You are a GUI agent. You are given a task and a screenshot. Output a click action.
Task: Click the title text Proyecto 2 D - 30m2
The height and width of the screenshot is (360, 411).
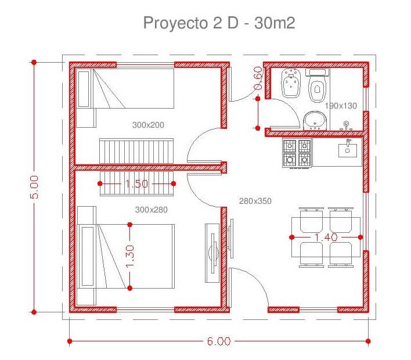pos(219,23)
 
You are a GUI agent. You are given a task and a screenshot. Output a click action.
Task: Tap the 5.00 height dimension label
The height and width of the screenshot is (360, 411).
pos(34,187)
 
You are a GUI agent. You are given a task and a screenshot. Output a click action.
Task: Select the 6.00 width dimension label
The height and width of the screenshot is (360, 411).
pos(219,341)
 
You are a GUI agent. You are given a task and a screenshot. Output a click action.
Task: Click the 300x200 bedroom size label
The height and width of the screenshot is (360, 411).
pos(148,125)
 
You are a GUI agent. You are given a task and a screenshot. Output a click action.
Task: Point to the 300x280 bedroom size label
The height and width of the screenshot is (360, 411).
pos(152,210)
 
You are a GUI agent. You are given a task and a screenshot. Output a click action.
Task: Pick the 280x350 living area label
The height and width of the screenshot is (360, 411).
pos(255,201)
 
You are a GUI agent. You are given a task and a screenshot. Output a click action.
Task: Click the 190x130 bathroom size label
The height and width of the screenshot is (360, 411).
pos(341,106)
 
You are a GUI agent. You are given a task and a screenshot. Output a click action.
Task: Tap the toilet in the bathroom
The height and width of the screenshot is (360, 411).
pos(318,85)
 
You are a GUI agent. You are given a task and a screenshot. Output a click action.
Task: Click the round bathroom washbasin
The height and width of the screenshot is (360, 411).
pos(315,121)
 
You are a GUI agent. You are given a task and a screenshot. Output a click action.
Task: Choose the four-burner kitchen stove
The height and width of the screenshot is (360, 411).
pos(297,153)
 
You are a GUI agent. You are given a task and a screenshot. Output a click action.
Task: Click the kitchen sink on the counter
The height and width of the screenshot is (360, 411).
pos(348,149)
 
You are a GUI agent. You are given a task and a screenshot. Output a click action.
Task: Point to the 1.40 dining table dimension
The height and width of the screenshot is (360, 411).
pos(326,237)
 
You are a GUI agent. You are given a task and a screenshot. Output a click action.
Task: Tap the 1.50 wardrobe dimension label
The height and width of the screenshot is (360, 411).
pos(136,183)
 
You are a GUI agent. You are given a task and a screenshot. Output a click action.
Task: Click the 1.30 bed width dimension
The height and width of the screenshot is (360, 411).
pos(130,257)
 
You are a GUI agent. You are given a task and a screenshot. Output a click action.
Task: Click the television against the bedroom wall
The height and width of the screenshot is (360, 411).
pos(213,253)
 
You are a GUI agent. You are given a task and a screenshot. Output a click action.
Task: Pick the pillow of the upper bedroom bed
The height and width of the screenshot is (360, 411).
pos(84,89)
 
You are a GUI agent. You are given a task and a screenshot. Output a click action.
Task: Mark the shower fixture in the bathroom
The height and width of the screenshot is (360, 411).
pos(346,126)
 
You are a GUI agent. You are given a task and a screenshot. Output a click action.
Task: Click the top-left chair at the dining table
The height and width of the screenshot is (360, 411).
pos(311,220)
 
